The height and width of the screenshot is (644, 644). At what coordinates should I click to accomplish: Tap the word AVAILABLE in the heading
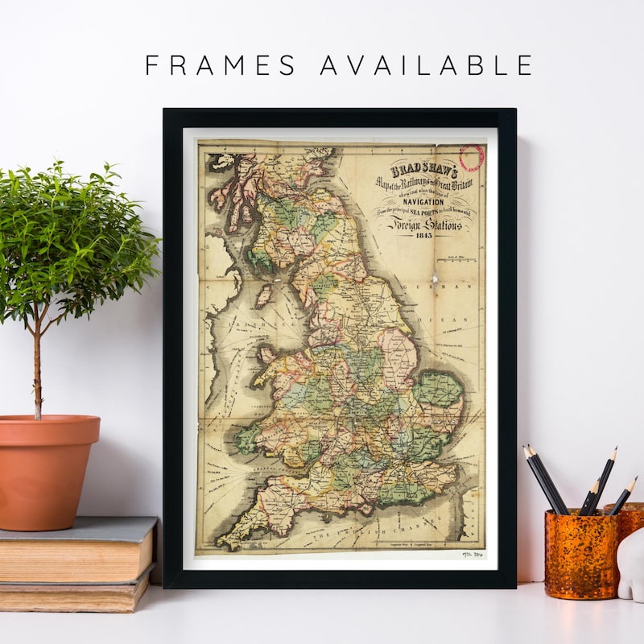426,64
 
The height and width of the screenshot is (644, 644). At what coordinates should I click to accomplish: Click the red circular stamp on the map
471,157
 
